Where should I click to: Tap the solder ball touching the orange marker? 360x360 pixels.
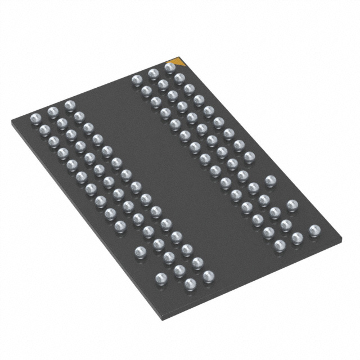coord(170,67)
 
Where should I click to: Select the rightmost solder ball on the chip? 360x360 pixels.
coord(314,229)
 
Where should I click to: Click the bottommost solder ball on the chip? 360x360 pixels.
coord(190,285)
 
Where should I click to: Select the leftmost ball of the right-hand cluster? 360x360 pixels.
coord(136,80)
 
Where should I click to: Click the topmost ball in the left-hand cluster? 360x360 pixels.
coord(69,105)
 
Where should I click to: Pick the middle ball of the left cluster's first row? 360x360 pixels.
coord(53,111)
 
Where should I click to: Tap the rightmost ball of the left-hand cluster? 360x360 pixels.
coord(208,276)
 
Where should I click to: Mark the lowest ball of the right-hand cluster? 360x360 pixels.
coord(279,245)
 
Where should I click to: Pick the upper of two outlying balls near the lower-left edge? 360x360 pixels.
coord(141,251)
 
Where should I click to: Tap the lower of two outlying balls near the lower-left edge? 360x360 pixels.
coord(161,277)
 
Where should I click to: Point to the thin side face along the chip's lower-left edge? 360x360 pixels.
coord(84,225)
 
